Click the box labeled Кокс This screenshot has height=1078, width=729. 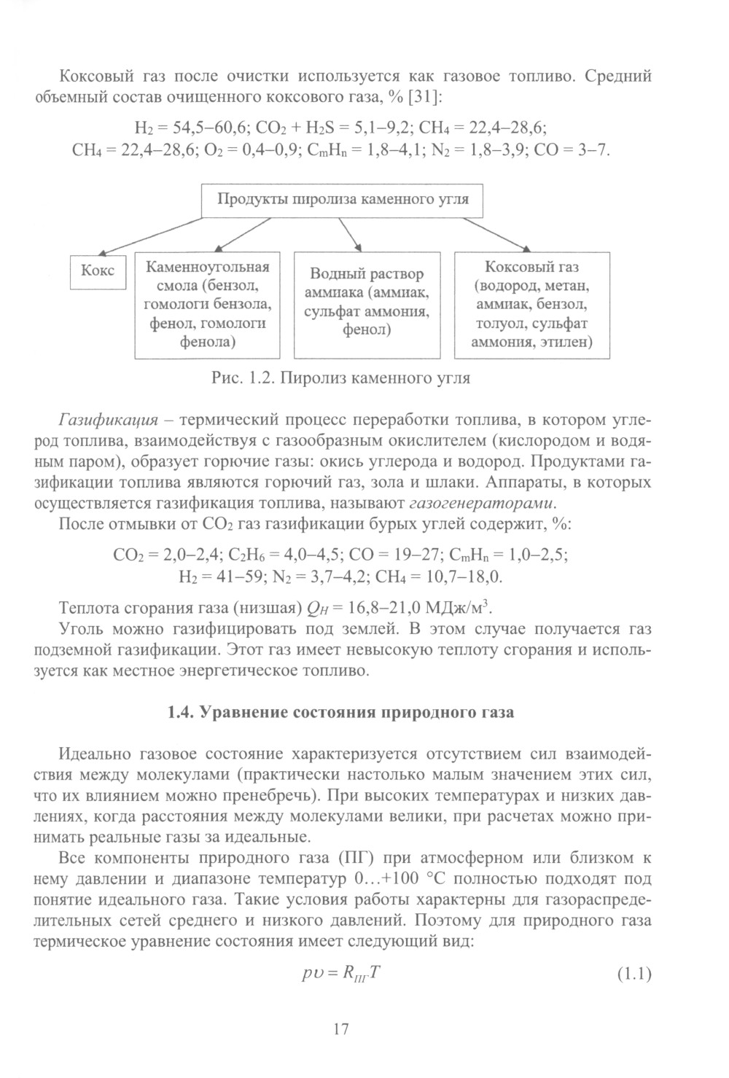coord(98,270)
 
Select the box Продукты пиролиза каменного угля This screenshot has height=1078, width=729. coord(342,200)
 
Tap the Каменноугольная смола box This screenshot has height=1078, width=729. coord(208,305)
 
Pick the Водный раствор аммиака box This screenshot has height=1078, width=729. coord(367,305)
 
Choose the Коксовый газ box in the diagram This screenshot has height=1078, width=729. coord(531,305)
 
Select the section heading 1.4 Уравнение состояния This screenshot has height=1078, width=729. coord(340,712)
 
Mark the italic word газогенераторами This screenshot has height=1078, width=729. coord(481,504)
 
